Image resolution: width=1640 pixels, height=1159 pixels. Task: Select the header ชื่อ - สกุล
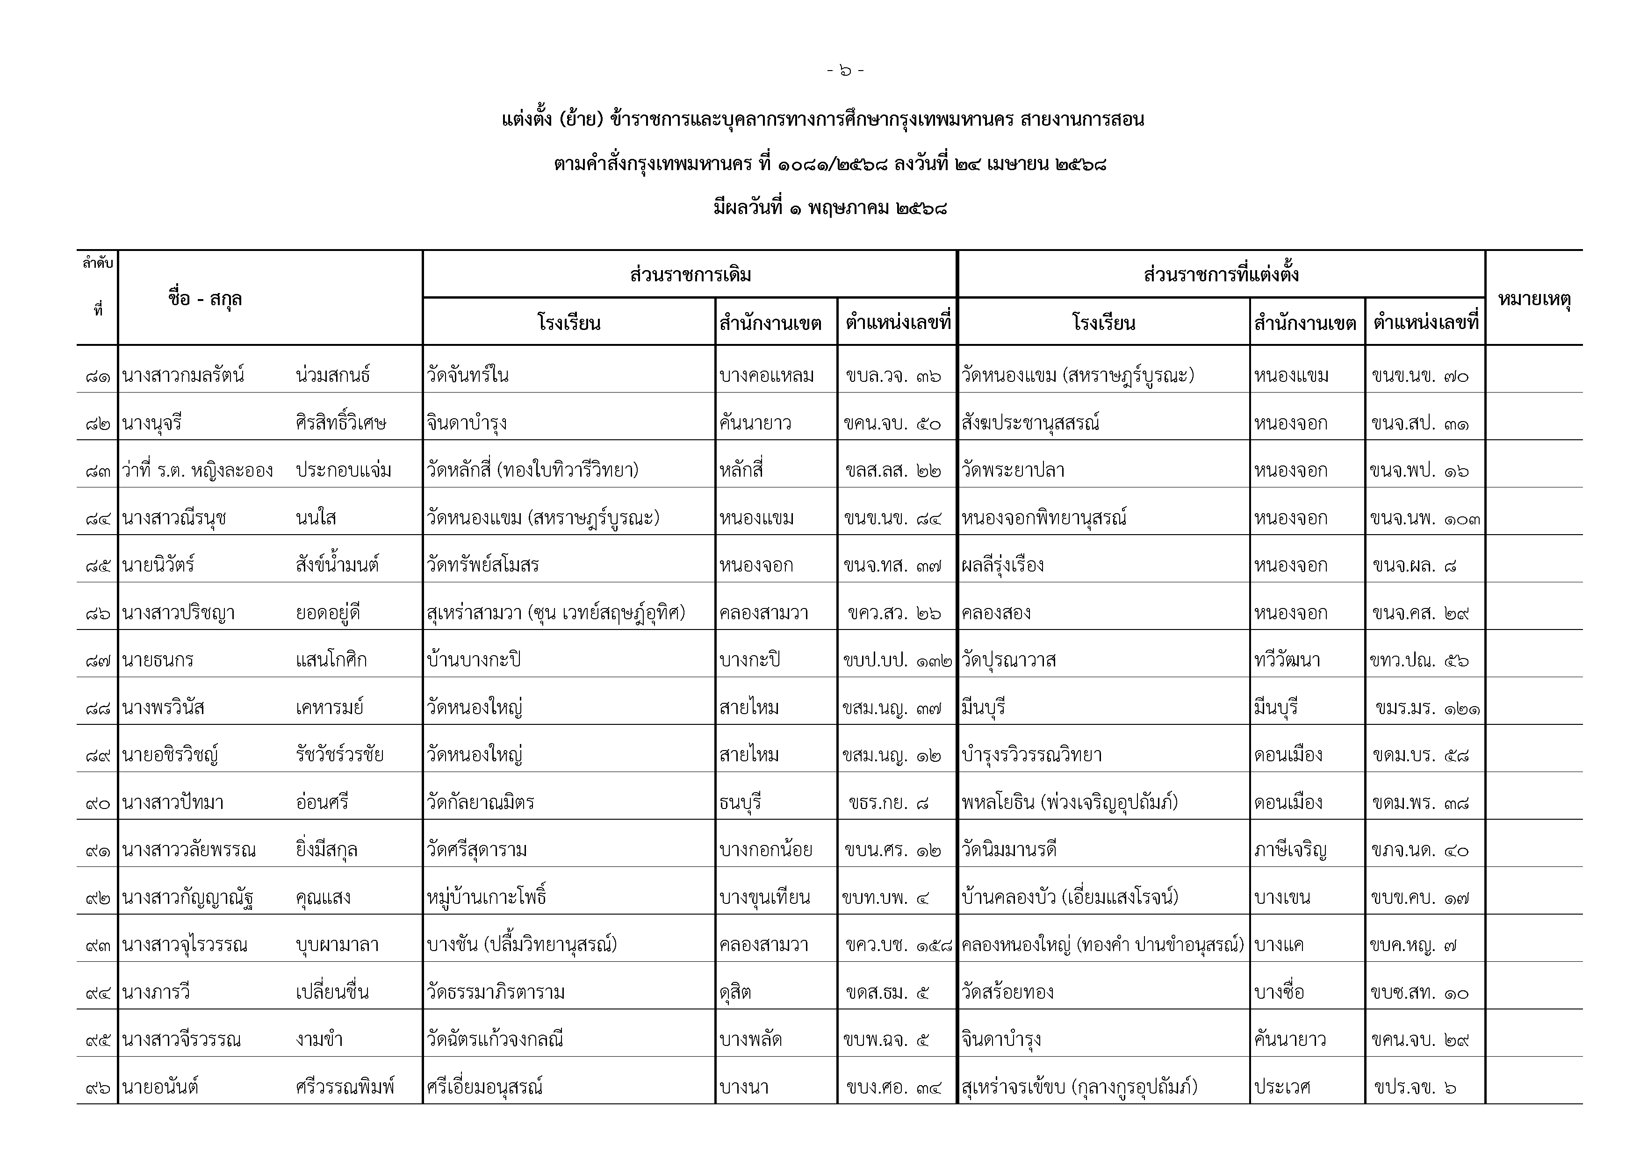(205, 299)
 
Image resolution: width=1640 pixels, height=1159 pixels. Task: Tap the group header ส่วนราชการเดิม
(690, 275)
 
